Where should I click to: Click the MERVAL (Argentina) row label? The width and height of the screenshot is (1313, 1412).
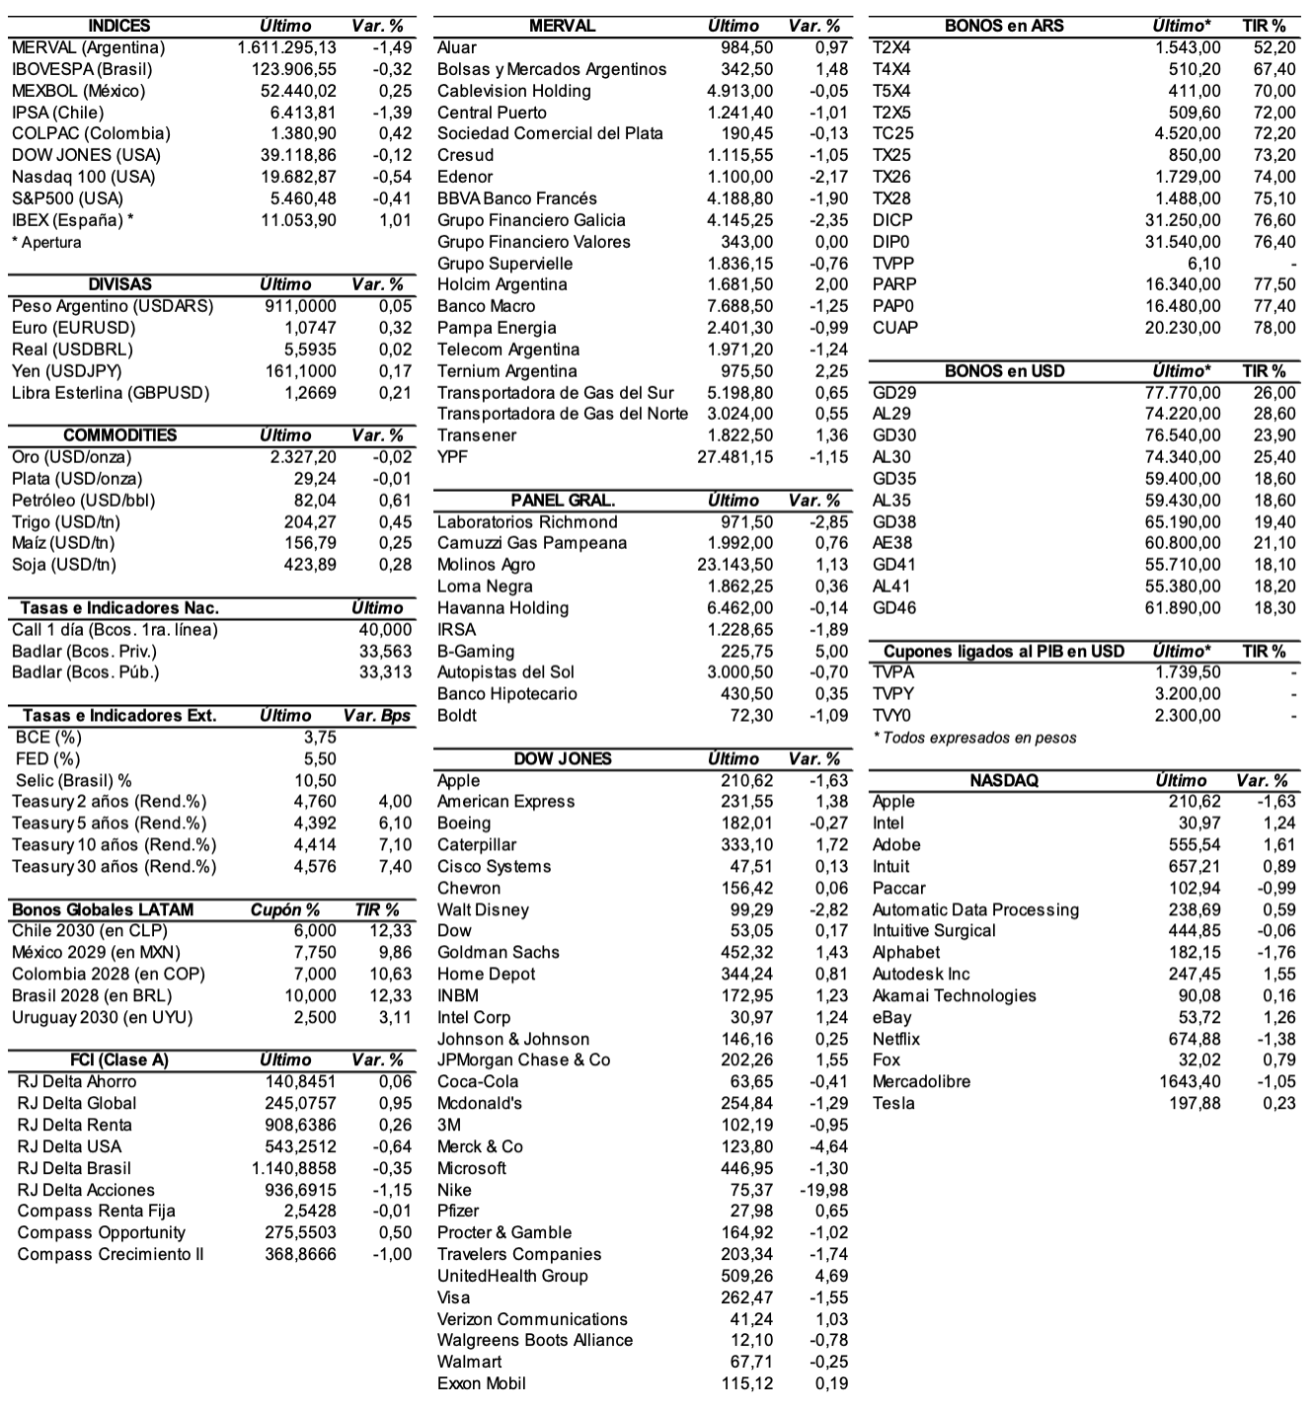pos(88,47)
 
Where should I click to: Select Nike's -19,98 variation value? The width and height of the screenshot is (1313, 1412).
pos(823,1190)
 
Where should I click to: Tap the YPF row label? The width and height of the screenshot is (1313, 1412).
pos(453,457)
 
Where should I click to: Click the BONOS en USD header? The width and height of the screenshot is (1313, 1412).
pos(1004,371)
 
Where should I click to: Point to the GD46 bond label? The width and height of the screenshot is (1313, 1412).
pos(893,608)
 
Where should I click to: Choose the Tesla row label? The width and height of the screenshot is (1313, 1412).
pos(893,1103)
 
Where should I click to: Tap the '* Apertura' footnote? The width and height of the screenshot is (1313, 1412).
pos(46,242)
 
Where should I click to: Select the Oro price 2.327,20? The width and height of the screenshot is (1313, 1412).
pos(303,457)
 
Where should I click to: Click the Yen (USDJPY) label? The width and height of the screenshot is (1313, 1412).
pos(67,371)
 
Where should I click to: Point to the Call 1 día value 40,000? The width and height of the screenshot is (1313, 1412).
pos(385,630)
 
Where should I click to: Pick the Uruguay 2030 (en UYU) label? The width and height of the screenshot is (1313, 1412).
pos(102,1017)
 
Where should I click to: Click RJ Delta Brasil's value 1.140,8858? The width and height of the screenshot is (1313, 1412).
pos(294,1168)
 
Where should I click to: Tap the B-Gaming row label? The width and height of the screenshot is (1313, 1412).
pos(476,652)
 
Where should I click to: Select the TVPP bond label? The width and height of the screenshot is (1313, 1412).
pos(893,264)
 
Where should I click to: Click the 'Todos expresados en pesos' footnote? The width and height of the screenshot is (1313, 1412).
pos(974,738)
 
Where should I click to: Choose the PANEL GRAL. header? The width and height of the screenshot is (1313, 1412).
pos(563,501)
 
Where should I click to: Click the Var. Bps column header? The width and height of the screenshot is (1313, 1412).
pos(377,716)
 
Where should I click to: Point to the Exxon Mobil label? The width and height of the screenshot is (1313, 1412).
pos(482,1383)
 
